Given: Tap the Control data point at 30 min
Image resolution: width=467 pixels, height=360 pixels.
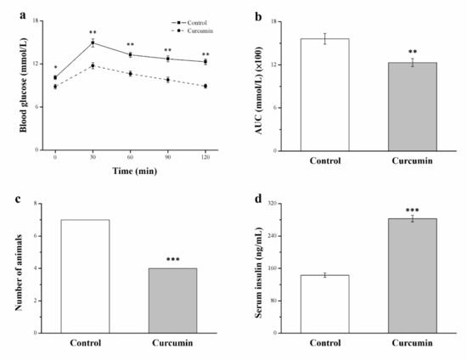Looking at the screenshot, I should tap(93, 42).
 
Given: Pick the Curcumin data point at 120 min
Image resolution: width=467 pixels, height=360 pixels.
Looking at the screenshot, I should tap(205, 87).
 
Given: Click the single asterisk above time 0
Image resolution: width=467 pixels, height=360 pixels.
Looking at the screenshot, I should tap(55, 69).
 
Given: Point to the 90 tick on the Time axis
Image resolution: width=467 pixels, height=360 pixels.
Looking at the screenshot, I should tap(167, 159).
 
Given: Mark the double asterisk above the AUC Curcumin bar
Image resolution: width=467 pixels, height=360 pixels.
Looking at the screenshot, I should tap(412, 52).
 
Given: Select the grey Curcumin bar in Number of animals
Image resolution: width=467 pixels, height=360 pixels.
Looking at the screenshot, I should tap(174, 301).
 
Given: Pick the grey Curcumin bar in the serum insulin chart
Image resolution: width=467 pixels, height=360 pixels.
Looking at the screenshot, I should tap(412, 275).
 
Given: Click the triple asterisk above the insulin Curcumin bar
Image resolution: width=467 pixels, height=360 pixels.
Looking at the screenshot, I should tap(412, 210).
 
